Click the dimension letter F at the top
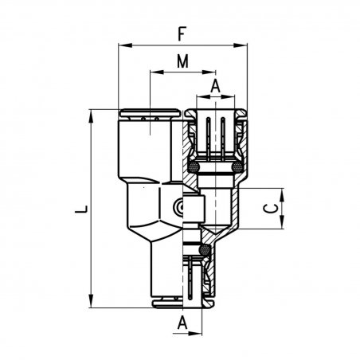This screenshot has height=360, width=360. pos(181,33)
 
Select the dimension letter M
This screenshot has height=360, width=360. pos(182,61)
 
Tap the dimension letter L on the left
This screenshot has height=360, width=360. pos(81,209)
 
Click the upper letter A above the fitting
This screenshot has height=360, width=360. pos(215,86)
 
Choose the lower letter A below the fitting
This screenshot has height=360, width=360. pos(182,323)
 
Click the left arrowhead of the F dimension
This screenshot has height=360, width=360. pos(125,45)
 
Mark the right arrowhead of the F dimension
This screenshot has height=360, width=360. pos(241,45)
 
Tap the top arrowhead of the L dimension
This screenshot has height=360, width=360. pos(92,116)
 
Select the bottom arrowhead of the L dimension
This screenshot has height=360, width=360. pos(92,301)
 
